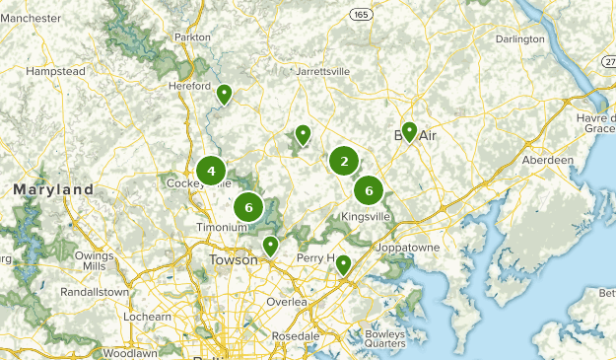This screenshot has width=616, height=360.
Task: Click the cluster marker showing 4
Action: click(x=211, y=171)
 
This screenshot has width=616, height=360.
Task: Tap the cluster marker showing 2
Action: click(x=344, y=161)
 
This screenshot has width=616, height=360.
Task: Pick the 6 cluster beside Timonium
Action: click(x=248, y=207)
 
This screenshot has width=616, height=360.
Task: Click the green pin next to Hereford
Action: click(x=225, y=95)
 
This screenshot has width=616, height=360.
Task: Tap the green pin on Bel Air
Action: click(x=409, y=132)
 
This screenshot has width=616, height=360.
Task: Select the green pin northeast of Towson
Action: click(x=270, y=245)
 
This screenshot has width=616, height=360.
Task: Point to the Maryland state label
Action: click(x=53, y=188)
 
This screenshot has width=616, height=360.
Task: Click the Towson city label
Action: click(x=233, y=260)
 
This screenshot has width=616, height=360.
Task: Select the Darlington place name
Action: click(x=519, y=39)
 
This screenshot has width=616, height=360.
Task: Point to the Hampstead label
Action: click(x=55, y=72)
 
